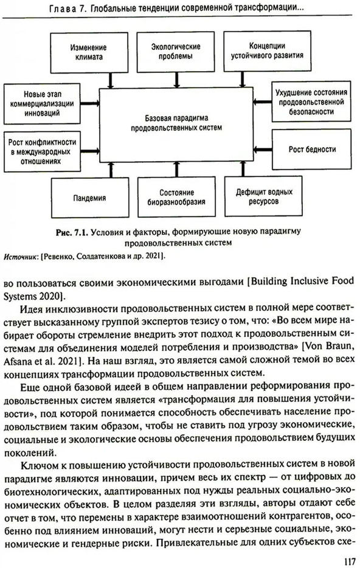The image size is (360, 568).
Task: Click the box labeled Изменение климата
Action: coord(89,52)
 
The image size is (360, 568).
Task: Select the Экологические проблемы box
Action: coord(176,52)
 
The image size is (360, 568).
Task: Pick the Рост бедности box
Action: coord(311,149)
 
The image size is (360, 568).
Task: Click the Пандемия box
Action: coord(90,198)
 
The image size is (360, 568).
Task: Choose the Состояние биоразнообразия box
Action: coord(176,197)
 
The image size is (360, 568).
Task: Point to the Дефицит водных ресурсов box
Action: coord(264,196)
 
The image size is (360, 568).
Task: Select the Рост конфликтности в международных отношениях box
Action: coord(42,151)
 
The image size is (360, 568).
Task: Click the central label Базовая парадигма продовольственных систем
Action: coord(176,123)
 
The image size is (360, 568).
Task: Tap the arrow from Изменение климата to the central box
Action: coord(111,80)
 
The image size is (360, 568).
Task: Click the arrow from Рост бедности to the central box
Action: coord(263,148)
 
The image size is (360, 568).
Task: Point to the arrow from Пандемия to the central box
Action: coord(111,170)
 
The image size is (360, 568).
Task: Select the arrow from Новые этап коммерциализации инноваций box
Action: coord(90,103)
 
